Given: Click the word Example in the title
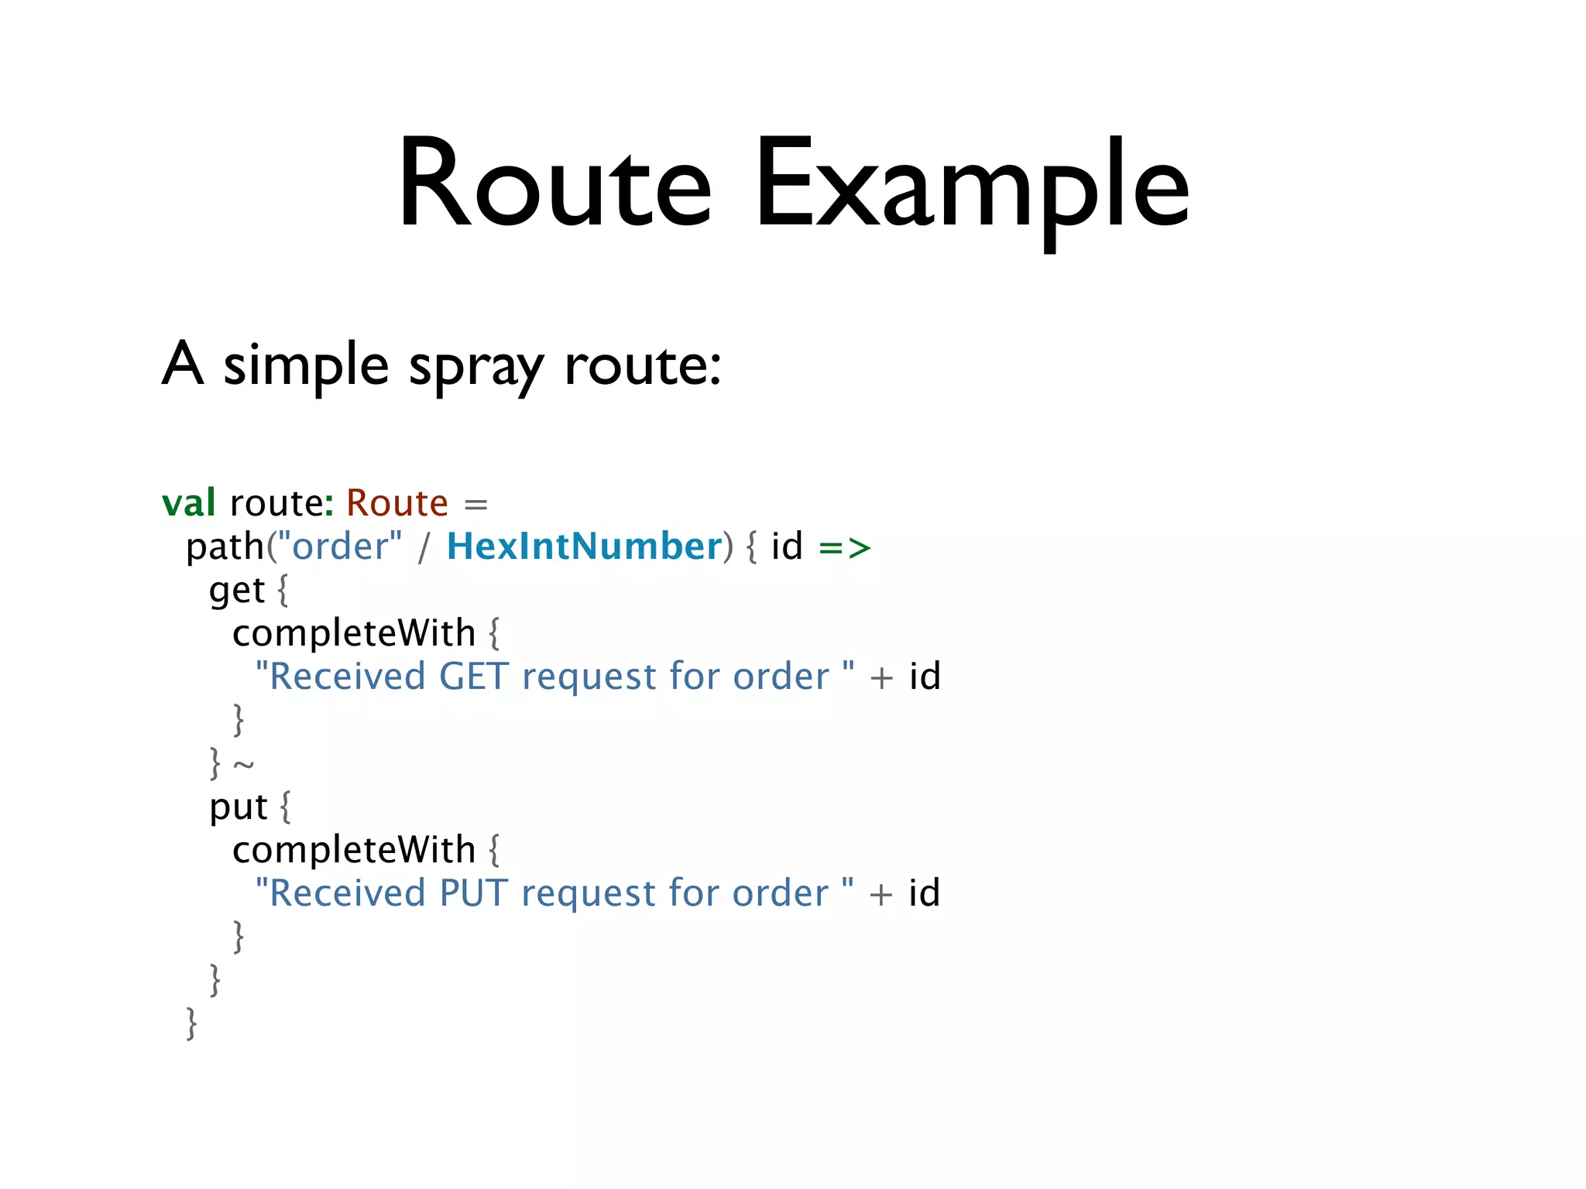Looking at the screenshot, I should click(971, 186).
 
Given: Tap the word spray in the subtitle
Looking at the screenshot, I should click(476, 365).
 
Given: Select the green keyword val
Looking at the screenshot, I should click(188, 503).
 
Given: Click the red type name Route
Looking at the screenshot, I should click(396, 503).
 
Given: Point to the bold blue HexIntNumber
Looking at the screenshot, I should click(585, 547).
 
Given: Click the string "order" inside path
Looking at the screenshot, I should click(340, 547).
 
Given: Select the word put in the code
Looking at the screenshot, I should click(238, 807).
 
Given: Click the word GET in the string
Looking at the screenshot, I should click(474, 677).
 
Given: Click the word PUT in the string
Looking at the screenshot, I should click(473, 893).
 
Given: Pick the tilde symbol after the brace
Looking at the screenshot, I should click(244, 766).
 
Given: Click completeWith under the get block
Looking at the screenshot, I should click(354, 633).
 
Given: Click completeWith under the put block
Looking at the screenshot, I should click(354, 850).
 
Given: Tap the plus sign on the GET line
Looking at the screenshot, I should click(881, 678).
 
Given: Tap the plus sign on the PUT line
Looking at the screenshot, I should click(881, 895).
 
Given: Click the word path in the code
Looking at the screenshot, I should click(225, 547).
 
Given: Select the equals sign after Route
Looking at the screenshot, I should click(475, 505).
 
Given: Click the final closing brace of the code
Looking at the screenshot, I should click(191, 1023).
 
